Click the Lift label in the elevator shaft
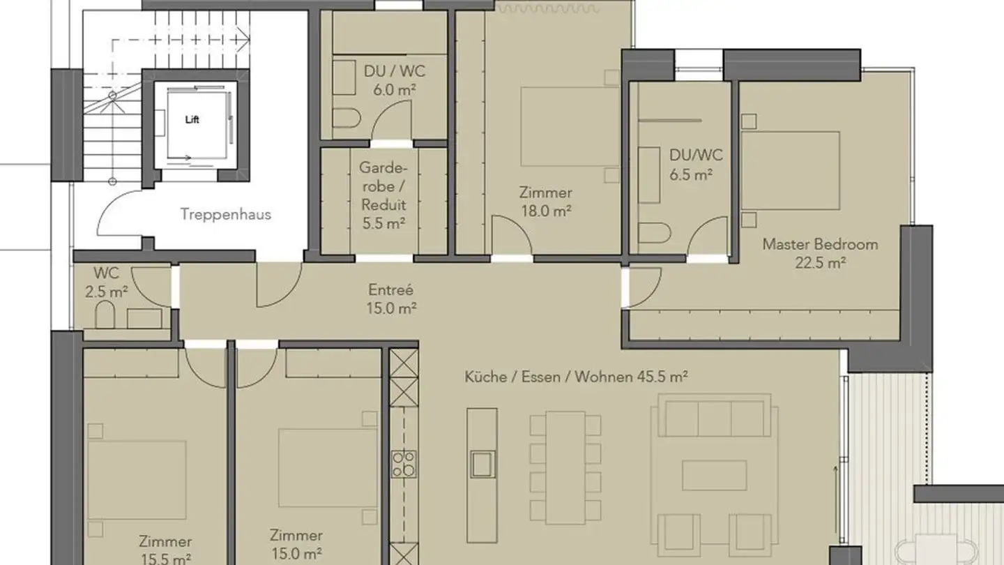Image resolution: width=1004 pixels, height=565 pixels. (192, 119)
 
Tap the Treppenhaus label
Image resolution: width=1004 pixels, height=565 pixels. (226, 214)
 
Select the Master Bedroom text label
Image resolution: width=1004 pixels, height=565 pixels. (820, 244)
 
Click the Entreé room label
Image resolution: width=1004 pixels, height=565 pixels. (390, 289)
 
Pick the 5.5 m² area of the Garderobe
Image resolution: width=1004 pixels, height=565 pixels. (383, 224)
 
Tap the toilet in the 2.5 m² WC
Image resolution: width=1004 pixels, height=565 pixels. (105, 315)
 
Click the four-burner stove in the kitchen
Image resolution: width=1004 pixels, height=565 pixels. (404, 464)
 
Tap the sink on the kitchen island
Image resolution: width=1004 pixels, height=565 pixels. (481, 463)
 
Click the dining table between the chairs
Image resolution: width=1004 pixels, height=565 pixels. (565, 467)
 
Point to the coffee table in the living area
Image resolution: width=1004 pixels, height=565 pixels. (714, 475)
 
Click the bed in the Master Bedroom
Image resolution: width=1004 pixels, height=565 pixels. (789, 171)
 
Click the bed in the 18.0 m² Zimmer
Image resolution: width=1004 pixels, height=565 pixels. (569, 127)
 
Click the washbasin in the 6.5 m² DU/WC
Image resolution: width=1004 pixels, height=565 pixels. (650, 174)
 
